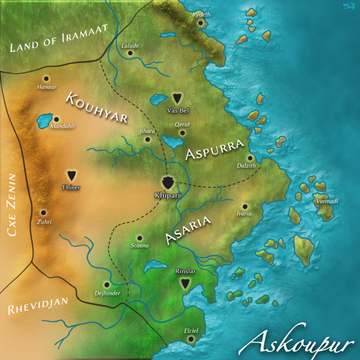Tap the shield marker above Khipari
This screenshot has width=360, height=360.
click(168, 182)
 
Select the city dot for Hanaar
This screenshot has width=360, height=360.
click(45, 78)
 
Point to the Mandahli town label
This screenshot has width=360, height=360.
click(62, 126)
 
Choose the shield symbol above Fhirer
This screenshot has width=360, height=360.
click(71, 175)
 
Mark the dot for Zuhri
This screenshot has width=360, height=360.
click(43, 212)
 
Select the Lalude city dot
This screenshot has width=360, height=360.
click(130, 53)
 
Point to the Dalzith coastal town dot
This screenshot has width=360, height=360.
click(250, 158)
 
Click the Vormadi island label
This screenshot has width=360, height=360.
click(327, 201)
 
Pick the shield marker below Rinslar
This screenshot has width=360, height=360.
click(184, 283)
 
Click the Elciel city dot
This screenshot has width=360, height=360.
click(191, 339)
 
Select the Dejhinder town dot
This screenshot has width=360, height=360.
click(107, 285)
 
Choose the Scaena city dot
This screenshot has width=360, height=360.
click(139, 238)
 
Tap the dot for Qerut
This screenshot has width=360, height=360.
click(182, 133)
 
